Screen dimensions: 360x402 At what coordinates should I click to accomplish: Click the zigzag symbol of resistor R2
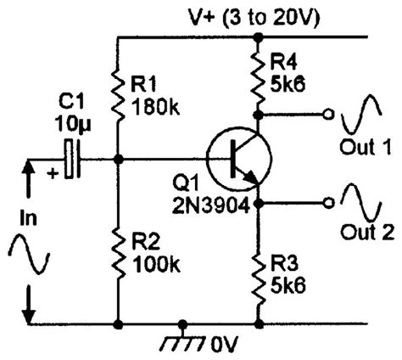tap(116, 255)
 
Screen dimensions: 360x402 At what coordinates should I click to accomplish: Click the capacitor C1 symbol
tap(74, 159)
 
